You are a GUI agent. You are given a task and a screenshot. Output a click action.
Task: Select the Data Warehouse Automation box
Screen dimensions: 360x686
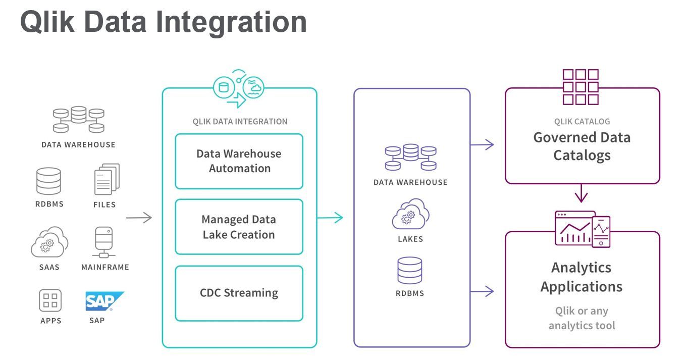(239, 161)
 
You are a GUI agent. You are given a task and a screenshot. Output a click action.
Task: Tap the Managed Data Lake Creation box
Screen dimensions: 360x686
(239, 227)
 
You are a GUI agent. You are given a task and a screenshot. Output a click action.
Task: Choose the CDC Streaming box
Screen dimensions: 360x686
(239, 293)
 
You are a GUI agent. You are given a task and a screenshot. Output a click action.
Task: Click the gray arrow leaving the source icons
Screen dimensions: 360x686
(139, 218)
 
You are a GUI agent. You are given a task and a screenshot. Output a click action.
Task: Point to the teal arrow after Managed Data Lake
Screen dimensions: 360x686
(330, 218)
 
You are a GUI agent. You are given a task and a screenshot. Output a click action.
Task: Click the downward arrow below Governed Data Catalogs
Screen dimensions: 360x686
(582, 193)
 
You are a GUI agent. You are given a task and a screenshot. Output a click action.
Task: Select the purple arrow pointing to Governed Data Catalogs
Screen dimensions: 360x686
(482, 145)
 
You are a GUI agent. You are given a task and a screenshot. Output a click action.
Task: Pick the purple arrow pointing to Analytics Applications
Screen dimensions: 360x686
(482, 291)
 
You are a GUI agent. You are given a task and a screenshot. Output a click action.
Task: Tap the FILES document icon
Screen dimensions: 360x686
(107, 179)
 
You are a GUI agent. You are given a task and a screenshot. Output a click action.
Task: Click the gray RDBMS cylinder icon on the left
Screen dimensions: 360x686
(48, 181)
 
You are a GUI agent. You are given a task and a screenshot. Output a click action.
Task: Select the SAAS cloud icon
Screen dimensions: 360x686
(49, 242)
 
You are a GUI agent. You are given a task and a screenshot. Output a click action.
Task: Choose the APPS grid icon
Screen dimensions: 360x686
(50, 300)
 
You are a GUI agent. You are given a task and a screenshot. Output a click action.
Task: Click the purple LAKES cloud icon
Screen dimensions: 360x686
(410, 215)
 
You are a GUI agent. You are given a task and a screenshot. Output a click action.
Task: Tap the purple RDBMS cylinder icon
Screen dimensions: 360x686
(409, 270)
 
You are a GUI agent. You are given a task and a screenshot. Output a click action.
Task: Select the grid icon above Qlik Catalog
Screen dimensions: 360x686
(581, 87)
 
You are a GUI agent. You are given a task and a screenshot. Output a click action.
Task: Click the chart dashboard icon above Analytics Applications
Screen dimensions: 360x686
(582, 229)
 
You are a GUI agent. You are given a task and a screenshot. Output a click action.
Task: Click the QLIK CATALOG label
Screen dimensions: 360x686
(582, 121)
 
